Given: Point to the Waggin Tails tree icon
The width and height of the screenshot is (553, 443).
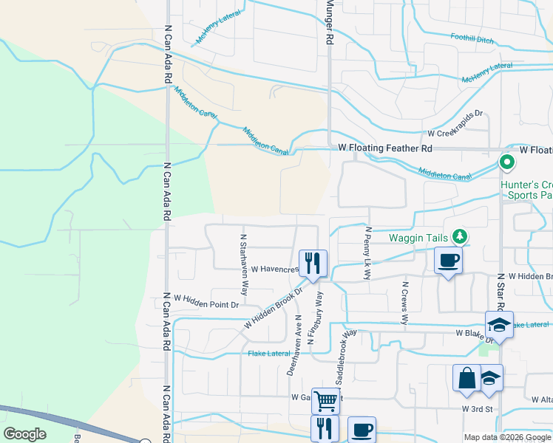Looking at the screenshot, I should click(x=461, y=236).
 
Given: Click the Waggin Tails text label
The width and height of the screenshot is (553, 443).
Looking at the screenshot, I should click(x=418, y=238).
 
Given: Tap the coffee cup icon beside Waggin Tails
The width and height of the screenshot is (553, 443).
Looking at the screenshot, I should click(x=448, y=261).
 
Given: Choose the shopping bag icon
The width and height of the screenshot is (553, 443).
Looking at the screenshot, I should click(x=467, y=378).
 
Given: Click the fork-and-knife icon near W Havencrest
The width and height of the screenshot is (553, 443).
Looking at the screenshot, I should click(x=312, y=261).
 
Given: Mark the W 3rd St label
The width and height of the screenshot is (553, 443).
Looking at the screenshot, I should click(x=477, y=408).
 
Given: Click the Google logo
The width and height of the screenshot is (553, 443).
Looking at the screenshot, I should click(x=25, y=434).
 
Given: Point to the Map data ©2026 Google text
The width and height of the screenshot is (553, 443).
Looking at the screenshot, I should click(x=506, y=437).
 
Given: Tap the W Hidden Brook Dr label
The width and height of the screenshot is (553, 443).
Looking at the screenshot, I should click(x=274, y=309).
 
